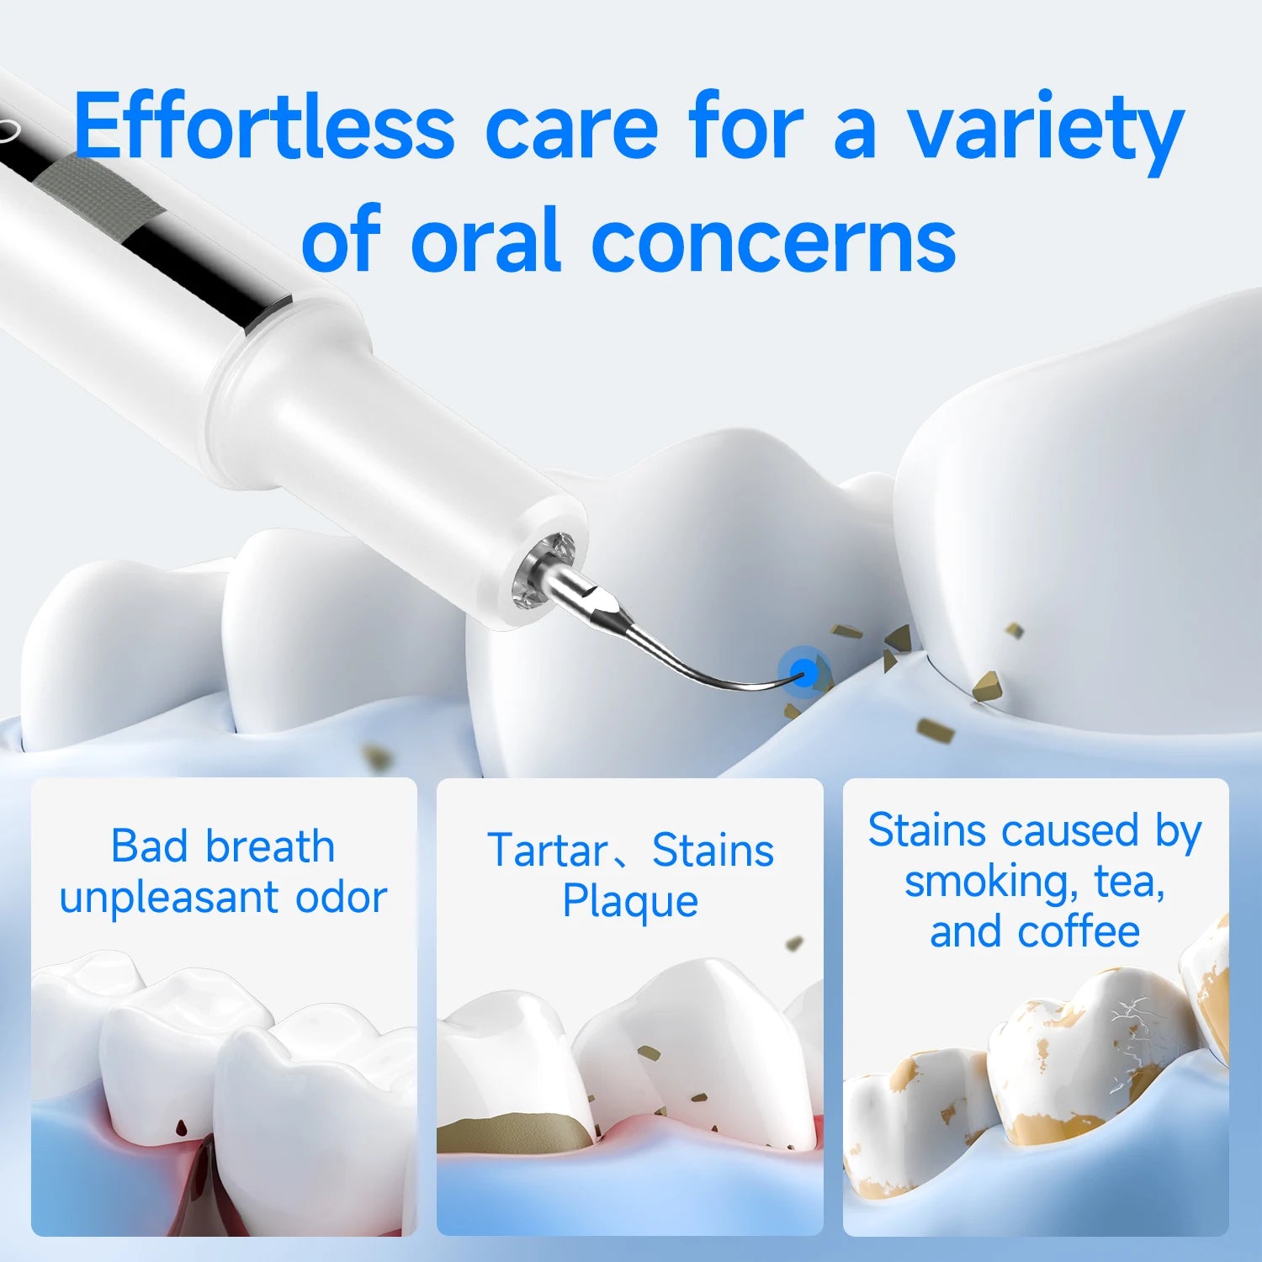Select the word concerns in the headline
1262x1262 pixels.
(773, 241)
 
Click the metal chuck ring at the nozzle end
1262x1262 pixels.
(544, 572)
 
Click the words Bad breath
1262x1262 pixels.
(223, 846)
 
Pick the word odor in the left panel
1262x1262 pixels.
(341, 898)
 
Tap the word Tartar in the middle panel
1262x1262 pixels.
(548, 851)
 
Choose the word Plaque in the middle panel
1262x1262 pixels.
(630, 902)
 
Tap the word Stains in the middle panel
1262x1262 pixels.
(713, 851)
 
